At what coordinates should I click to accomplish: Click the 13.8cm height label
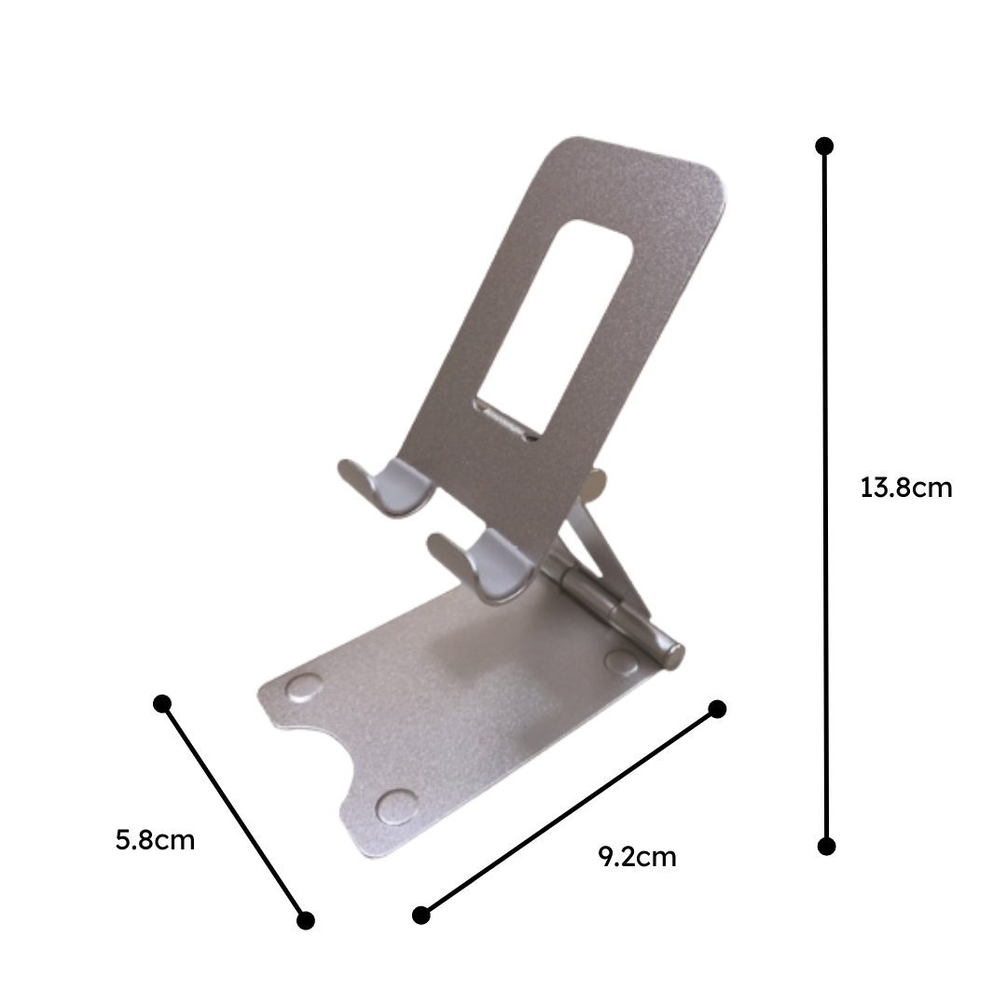pyautogui.click(x=906, y=488)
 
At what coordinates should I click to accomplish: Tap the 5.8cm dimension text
pyautogui.click(x=155, y=840)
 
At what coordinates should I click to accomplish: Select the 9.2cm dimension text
pyautogui.click(x=637, y=857)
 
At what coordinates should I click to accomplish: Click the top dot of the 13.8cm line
pyautogui.click(x=824, y=146)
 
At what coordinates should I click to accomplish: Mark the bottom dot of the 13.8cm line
pyautogui.click(x=826, y=846)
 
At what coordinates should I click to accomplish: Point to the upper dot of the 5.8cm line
pyautogui.click(x=162, y=703)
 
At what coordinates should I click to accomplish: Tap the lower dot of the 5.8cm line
pyautogui.click(x=306, y=920)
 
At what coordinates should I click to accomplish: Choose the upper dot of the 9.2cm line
pyautogui.click(x=717, y=710)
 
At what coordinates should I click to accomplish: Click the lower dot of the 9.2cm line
pyautogui.click(x=421, y=915)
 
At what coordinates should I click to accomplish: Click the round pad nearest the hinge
pyautogui.click(x=620, y=660)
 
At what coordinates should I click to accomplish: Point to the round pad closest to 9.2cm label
pyautogui.click(x=397, y=807)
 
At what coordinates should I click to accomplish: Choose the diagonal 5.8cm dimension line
pyautogui.click(x=234, y=811)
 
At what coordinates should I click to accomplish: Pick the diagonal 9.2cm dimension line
pyautogui.click(x=569, y=812)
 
